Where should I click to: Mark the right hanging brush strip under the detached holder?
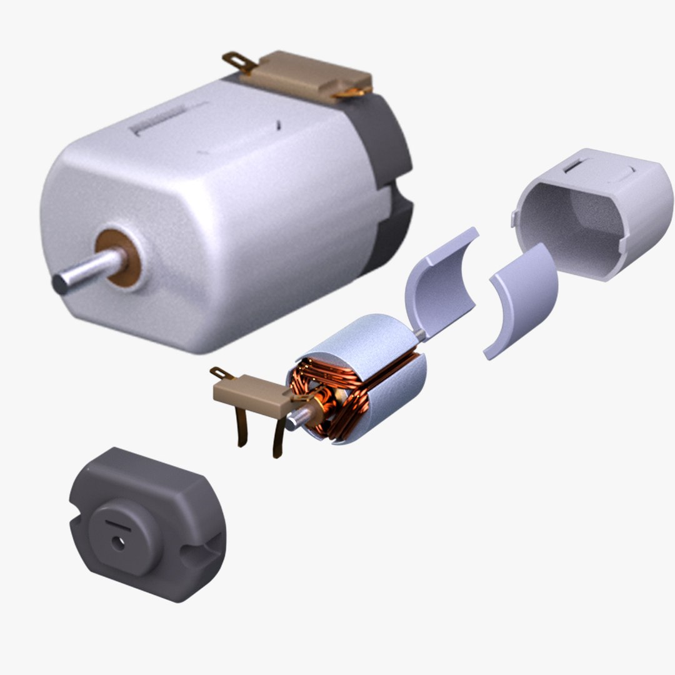[x=277, y=437]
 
